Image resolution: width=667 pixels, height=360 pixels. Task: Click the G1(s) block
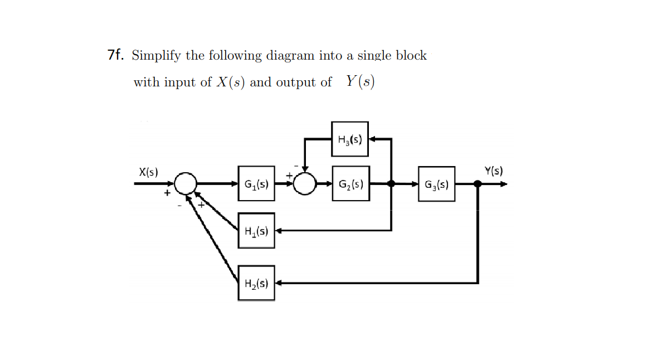(256, 183)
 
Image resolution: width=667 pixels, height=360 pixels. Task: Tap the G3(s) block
(436, 184)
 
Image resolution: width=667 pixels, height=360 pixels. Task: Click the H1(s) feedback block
(256, 230)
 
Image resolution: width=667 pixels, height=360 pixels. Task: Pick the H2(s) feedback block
(256, 283)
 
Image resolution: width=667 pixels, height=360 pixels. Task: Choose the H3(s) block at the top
(350, 139)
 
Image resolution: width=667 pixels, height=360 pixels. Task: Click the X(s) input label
(148, 172)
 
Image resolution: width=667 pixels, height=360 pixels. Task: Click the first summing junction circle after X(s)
(186, 183)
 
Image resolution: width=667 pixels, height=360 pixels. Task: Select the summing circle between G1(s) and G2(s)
(304, 183)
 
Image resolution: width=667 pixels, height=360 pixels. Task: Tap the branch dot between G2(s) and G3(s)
(391, 183)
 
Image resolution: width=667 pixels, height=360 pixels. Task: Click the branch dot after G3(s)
(478, 183)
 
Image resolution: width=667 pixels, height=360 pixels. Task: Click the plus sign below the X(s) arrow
(165, 194)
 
